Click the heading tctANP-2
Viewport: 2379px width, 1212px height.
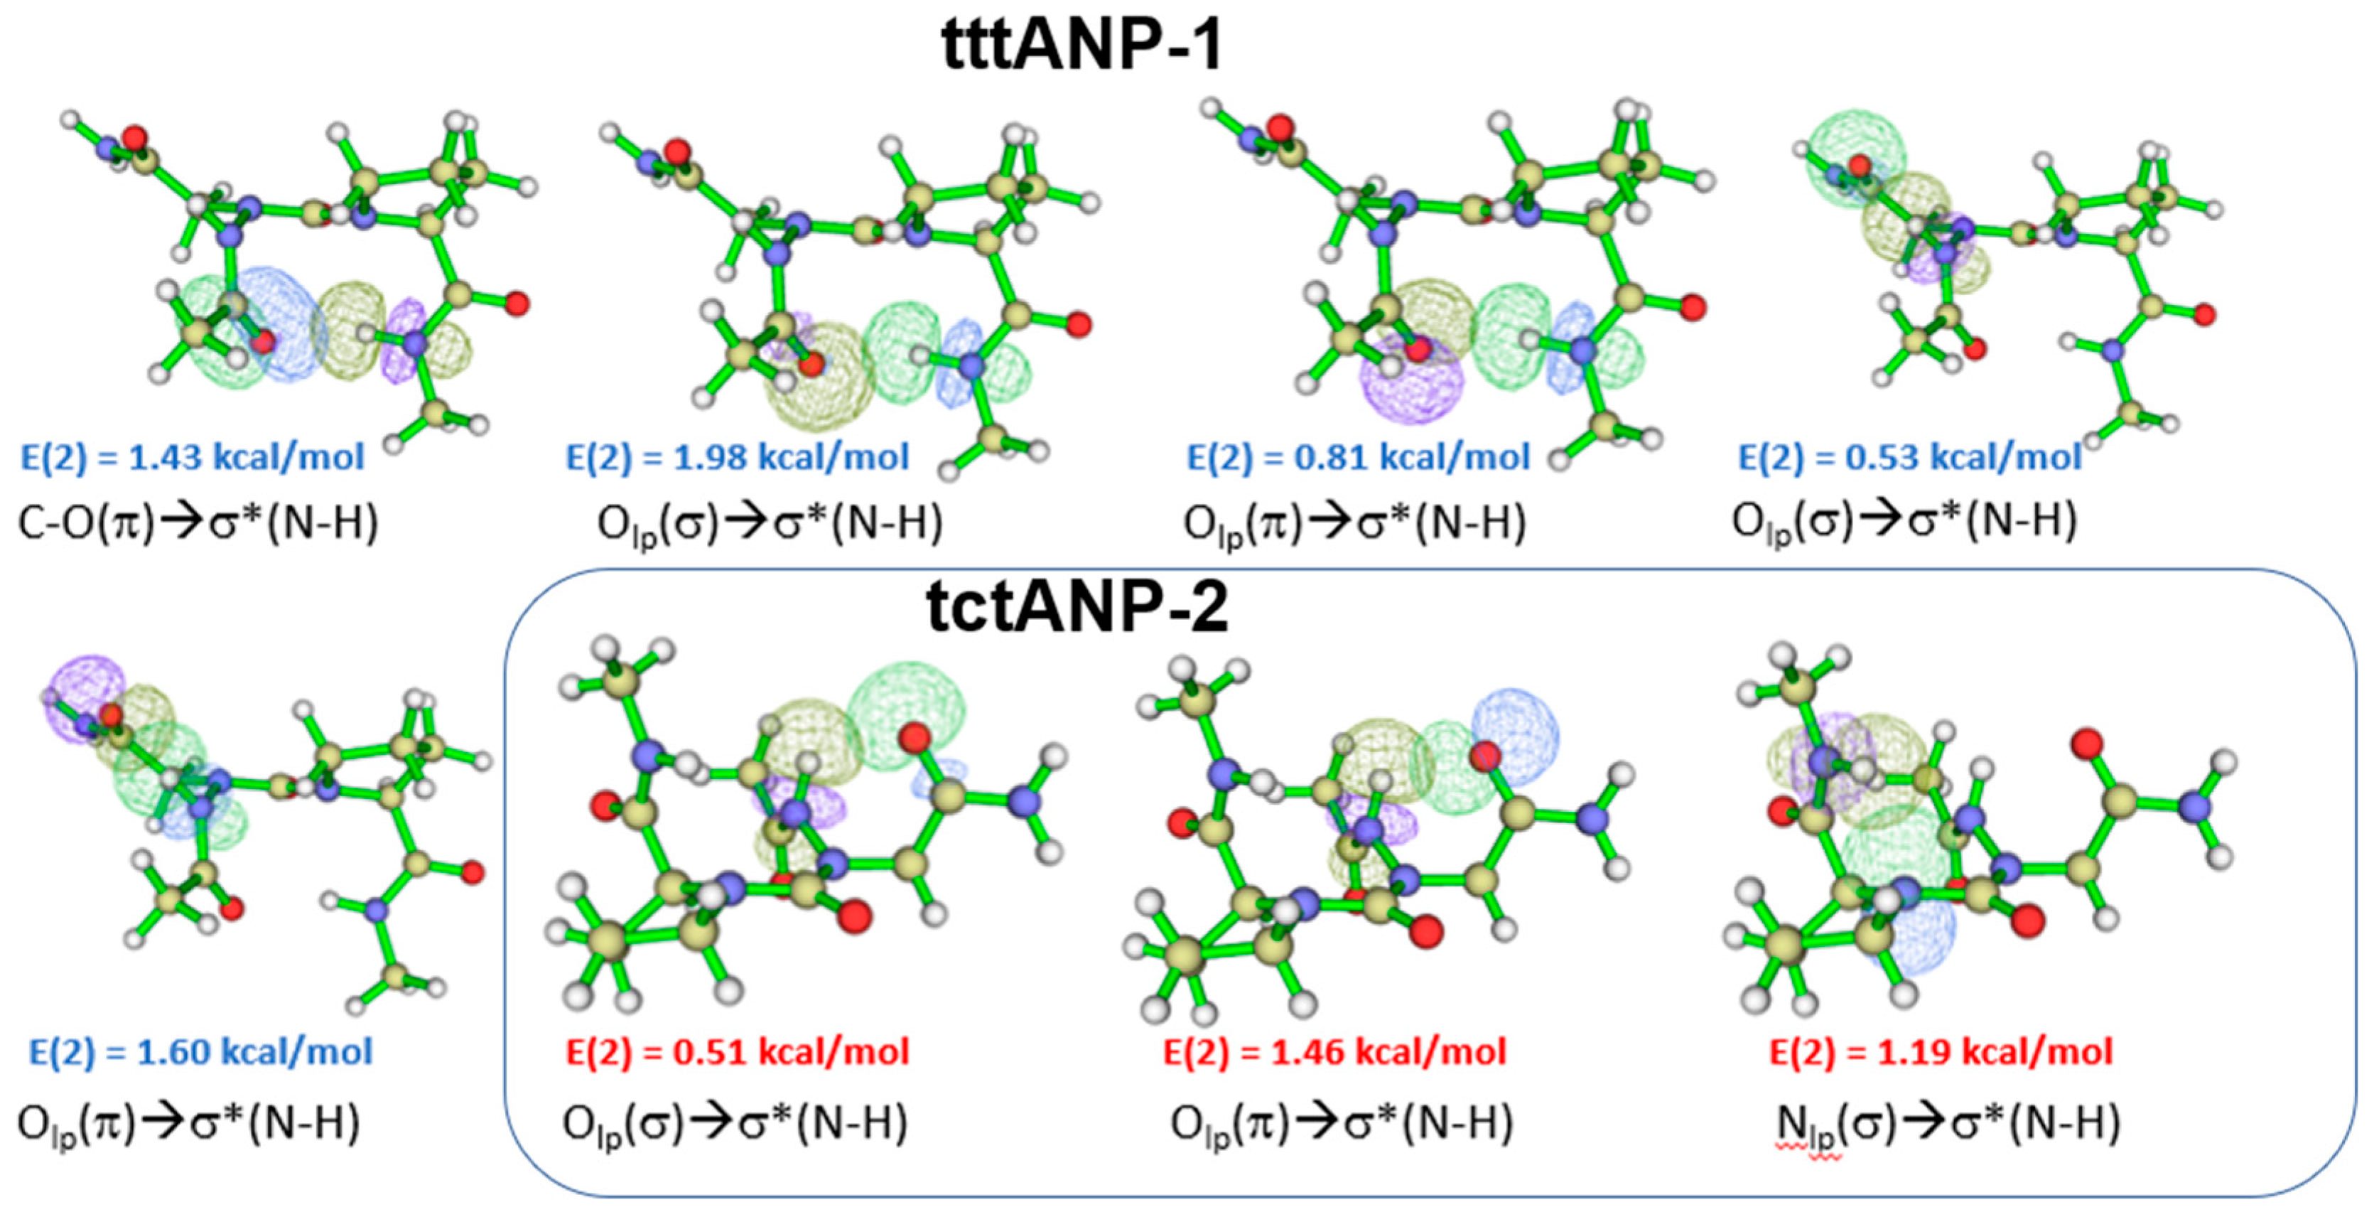(1077, 607)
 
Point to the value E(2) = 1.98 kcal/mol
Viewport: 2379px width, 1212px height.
(737, 457)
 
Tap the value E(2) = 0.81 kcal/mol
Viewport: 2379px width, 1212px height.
(1358, 457)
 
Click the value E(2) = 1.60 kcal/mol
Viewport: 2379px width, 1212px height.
(200, 1051)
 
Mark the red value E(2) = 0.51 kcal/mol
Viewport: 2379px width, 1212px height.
(737, 1051)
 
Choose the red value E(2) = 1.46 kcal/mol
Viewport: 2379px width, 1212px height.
(1334, 1051)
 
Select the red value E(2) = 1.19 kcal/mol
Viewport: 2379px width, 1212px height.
(1941, 1051)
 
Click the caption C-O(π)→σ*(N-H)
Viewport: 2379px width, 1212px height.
(198, 523)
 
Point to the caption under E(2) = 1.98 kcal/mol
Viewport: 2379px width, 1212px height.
(770, 524)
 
